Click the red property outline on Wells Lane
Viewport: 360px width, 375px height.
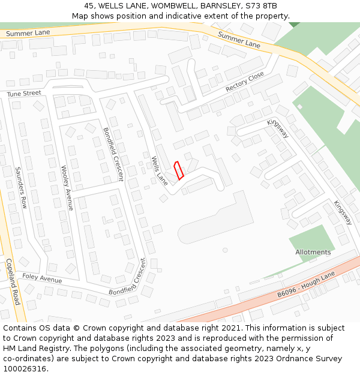(178, 170)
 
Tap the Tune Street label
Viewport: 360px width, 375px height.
(24, 94)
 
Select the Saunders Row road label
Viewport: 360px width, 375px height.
(22, 187)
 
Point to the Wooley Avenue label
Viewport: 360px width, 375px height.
(67, 188)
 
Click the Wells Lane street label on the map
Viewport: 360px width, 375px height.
(159, 170)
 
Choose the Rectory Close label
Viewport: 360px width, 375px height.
(245, 82)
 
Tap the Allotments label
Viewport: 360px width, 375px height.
(313, 253)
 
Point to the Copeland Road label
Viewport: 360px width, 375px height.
(13, 282)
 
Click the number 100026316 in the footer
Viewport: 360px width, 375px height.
(26, 369)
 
